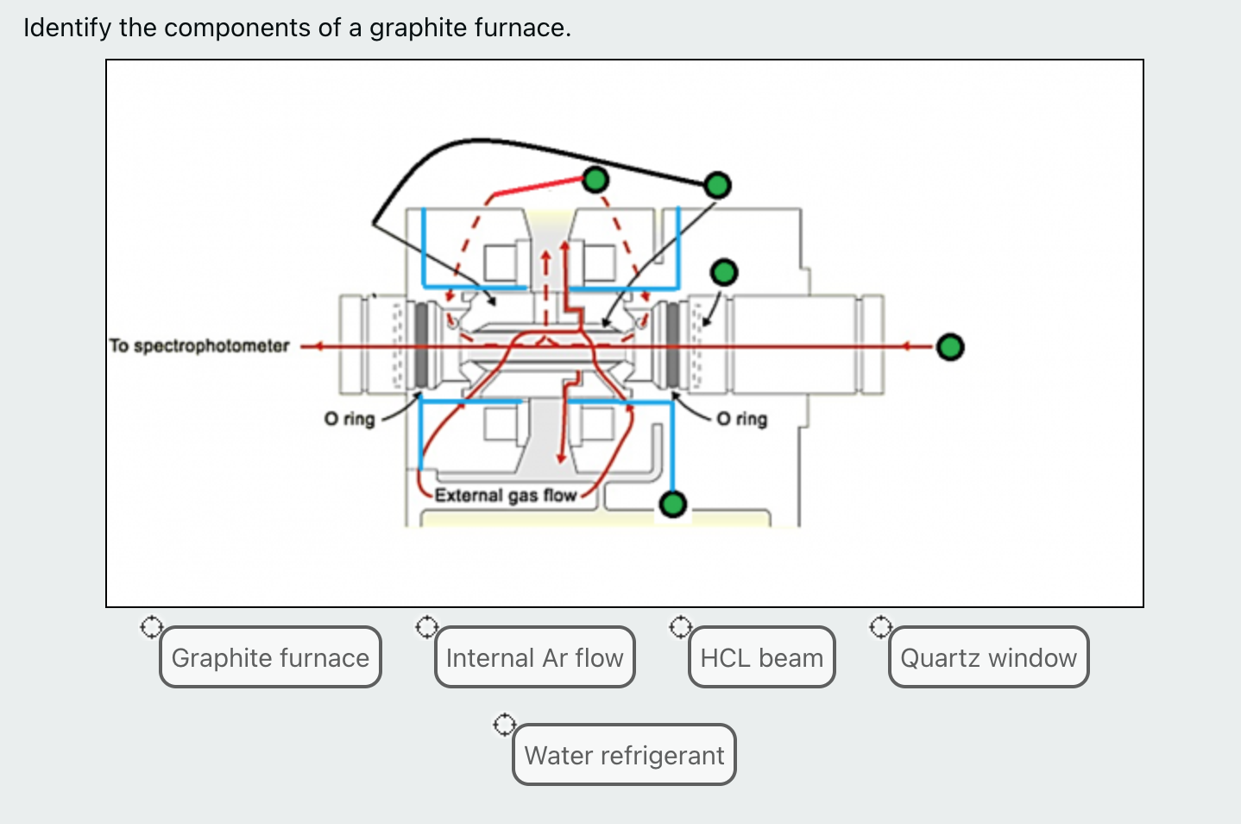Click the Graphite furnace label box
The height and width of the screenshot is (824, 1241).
270,657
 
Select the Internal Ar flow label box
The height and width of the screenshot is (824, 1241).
534,657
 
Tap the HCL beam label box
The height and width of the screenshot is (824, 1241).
761,657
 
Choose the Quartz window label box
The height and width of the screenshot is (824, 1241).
988,657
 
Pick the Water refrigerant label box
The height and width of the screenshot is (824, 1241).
624,755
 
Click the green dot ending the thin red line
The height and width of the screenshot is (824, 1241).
595,180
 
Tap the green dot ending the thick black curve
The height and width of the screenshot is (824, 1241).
717,185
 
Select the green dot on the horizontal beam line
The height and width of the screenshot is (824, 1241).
950,347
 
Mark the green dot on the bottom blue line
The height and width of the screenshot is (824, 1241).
672,504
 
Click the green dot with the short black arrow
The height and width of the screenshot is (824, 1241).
724,273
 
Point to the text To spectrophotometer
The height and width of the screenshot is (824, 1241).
199,346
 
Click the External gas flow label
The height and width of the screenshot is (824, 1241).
505,495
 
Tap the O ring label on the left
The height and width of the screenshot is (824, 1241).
350,419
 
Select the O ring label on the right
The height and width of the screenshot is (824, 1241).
742,419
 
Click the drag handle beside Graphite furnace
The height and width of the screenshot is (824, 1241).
151,627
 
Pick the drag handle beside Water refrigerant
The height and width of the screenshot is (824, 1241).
504,724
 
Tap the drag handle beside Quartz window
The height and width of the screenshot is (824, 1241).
879,627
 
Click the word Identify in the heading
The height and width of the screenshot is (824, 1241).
67,28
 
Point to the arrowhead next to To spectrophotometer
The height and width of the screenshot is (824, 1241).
316,347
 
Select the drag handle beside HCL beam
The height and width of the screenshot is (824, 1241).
680,627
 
